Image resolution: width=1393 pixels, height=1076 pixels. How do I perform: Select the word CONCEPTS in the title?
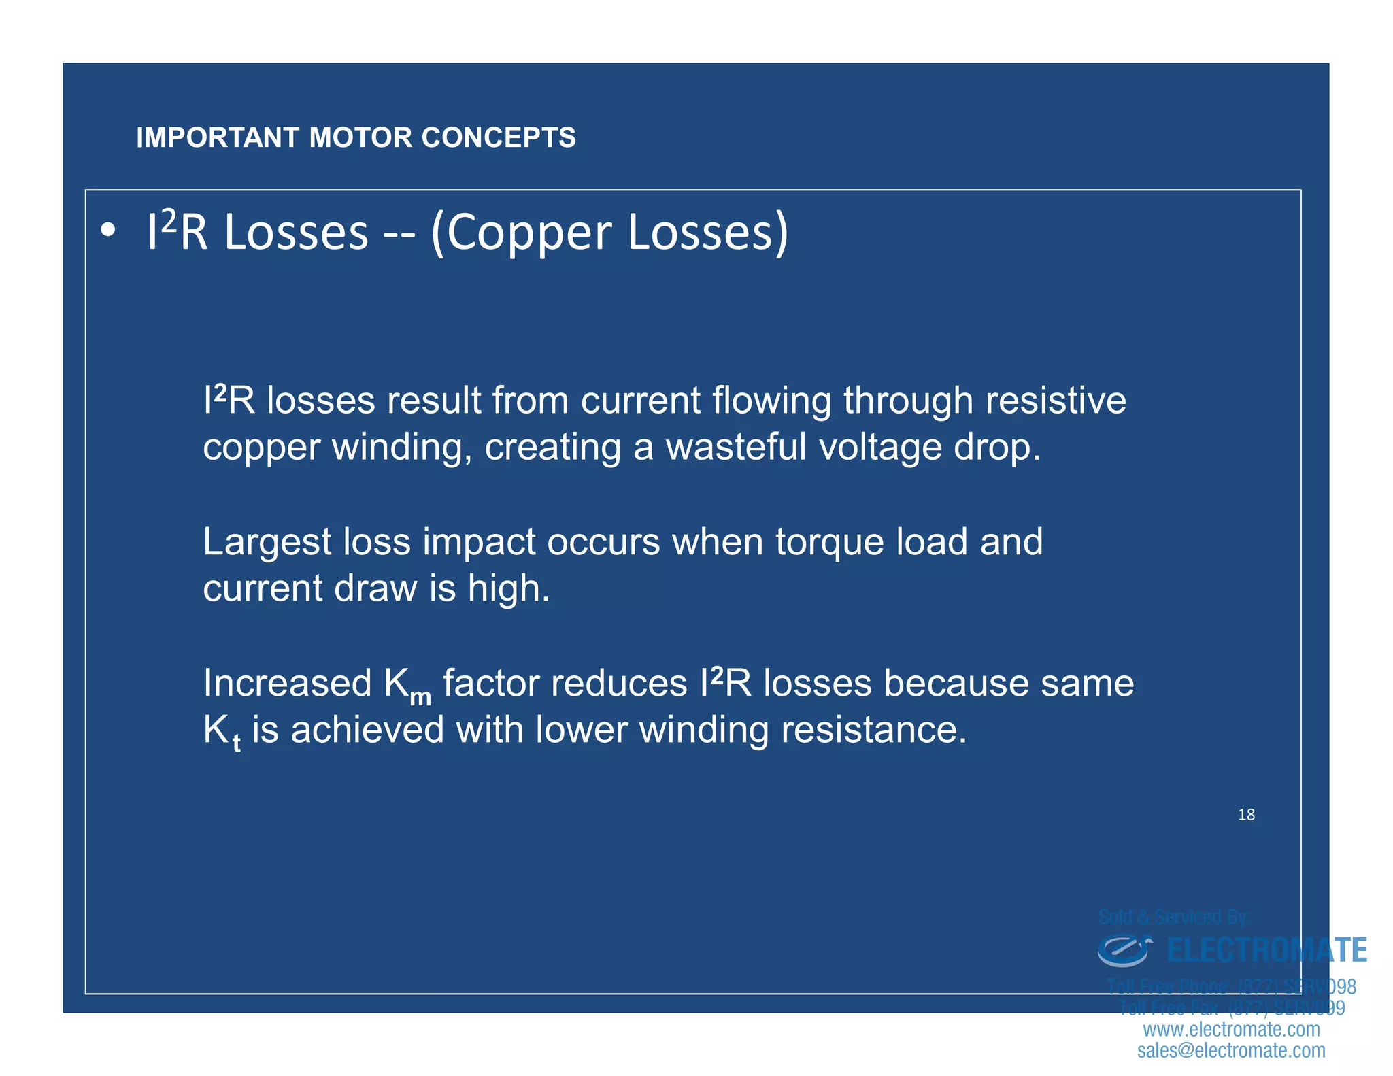(x=498, y=137)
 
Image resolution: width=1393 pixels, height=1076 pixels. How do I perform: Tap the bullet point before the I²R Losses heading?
(x=107, y=232)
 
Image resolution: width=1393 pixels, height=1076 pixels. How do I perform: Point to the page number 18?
(x=1246, y=814)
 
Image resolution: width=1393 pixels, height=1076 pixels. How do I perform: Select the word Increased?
(x=287, y=683)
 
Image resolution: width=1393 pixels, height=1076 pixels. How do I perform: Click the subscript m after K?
(x=420, y=697)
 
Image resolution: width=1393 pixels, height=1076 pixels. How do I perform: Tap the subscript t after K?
(x=237, y=743)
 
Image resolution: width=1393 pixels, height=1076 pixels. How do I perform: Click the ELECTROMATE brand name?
(x=1266, y=950)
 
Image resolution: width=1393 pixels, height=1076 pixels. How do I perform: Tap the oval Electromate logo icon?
(x=1124, y=950)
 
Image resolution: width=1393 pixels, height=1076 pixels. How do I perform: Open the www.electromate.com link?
(x=1231, y=1029)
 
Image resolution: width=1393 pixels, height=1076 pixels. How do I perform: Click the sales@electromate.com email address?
(x=1231, y=1050)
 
